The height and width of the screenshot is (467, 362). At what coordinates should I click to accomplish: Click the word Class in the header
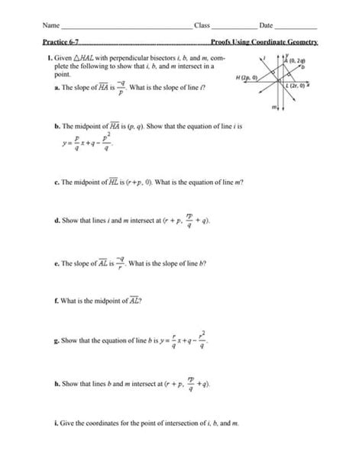pyautogui.click(x=202, y=25)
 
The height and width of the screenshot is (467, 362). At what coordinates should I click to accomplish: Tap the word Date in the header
pyautogui.click(x=267, y=25)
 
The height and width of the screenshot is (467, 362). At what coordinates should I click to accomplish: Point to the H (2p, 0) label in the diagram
pyautogui.click(x=248, y=78)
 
